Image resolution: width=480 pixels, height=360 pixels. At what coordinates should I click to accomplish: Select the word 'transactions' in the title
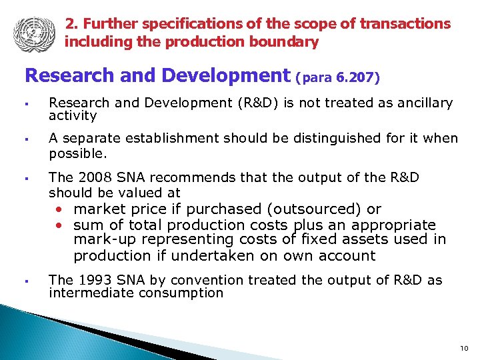pos(405,24)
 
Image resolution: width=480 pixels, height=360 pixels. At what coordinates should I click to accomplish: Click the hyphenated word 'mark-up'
pos(97,239)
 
